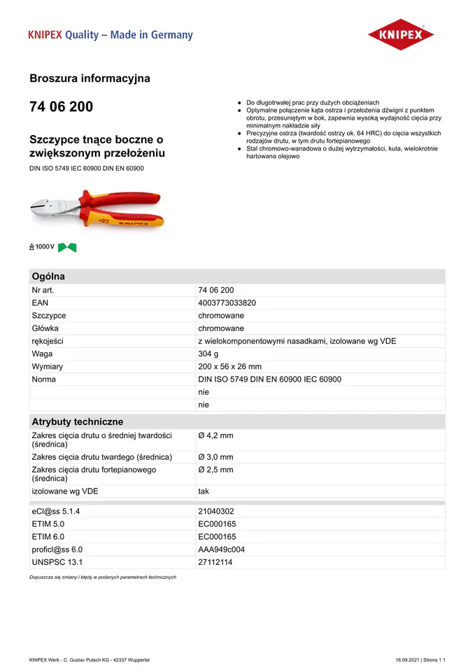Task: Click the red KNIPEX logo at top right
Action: coord(401,34)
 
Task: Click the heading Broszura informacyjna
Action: coord(90,78)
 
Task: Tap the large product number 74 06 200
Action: coord(61,107)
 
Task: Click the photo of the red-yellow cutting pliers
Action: coord(97,210)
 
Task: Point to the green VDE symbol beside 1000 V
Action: coord(67,247)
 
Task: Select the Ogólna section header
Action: coord(48,276)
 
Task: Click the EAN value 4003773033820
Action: coord(227,303)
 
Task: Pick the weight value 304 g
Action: coord(208,354)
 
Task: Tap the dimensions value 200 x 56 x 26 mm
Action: coord(229,367)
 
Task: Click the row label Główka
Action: coord(45,328)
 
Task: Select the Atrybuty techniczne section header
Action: coord(77,422)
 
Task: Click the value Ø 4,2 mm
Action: coord(215,435)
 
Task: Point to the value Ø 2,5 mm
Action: coord(215,470)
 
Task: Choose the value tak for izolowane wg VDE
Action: coord(204,491)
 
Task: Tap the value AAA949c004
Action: coord(221,549)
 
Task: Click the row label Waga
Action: coord(42,354)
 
